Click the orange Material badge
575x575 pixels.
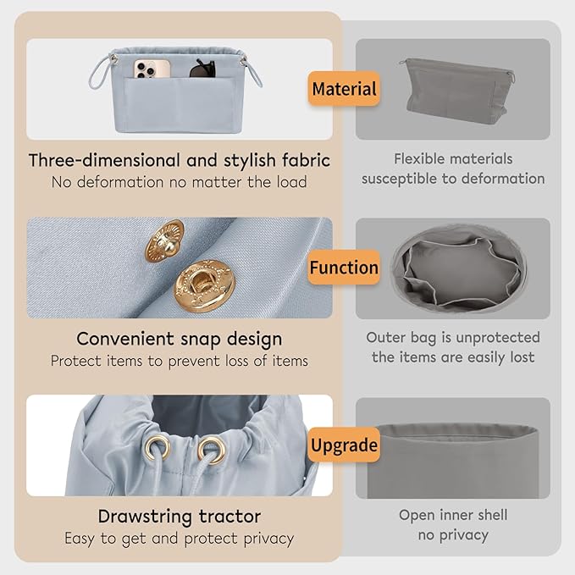pos(344,89)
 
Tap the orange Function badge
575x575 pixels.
pos(344,268)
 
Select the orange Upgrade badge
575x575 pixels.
pos(344,445)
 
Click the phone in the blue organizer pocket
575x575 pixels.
pos(152,69)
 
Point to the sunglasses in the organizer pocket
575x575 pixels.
pos(202,69)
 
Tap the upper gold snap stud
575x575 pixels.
pos(164,241)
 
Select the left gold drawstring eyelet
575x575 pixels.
pos(157,447)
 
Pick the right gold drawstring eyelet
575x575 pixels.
pos(212,450)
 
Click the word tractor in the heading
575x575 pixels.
pos(230,517)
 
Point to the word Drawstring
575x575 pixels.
pos(145,517)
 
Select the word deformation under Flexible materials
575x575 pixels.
pos(503,179)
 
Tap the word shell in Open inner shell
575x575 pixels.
pos(490,515)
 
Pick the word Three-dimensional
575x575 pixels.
pos(105,160)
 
